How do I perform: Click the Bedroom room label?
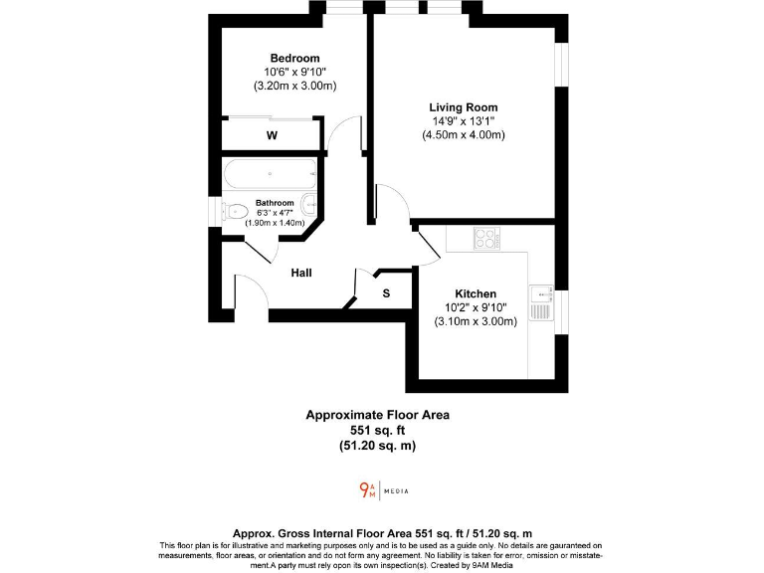(294, 59)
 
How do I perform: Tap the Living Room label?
(463, 107)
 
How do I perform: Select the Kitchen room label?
(476, 294)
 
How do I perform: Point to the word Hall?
(302, 273)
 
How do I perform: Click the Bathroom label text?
(275, 203)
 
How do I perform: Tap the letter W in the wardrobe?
(272, 135)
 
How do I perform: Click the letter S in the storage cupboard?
(386, 293)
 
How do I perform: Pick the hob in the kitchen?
(486, 239)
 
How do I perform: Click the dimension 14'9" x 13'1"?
(463, 121)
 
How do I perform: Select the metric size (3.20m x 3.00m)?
(294, 87)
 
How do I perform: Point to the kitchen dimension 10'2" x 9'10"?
(476, 308)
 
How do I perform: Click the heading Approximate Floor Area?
(377, 415)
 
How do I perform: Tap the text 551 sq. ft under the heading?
(377, 430)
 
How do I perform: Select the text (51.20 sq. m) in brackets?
(377, 445)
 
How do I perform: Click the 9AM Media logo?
(383, 490)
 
